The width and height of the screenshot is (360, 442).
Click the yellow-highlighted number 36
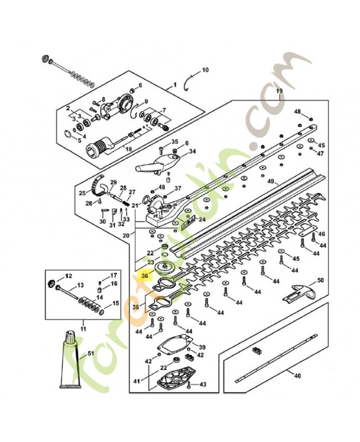tap(146, 275)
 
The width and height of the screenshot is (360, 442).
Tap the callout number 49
tap(271, 181)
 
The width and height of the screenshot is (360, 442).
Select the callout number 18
tap(128, 150)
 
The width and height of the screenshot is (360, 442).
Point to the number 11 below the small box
tap(83, 329)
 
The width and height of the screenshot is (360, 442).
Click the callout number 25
tap(82, 193)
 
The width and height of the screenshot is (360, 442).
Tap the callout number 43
tap(203, 384)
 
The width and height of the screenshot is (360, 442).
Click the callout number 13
tap(80, 285)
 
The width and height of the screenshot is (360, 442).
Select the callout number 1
tap(176, 85)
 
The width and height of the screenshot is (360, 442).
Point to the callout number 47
tap(320, 153)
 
